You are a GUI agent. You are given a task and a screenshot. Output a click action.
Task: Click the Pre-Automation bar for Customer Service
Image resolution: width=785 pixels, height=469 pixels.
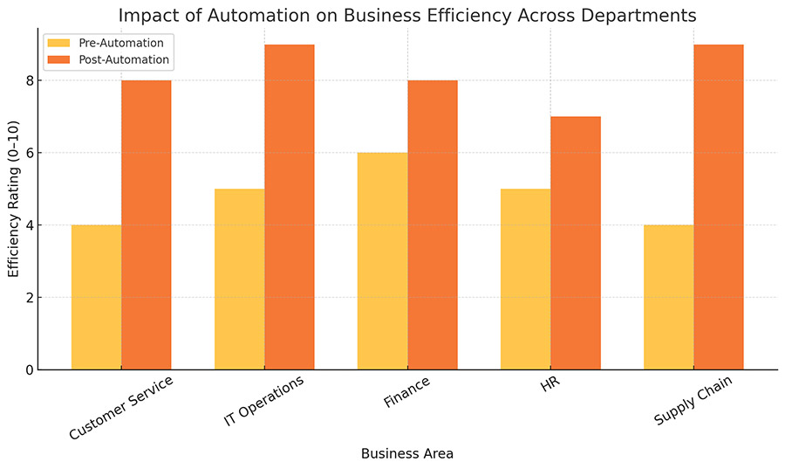pos(96,297)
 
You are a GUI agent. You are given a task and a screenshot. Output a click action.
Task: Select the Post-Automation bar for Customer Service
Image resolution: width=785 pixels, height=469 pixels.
pos(147,224)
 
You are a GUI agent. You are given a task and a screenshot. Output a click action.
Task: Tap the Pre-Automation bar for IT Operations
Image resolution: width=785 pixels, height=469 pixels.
pos(239,279)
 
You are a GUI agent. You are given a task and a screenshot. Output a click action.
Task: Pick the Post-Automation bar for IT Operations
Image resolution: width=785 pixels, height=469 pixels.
pos(290,207)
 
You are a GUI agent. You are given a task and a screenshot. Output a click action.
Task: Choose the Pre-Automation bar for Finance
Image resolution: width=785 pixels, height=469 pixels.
pos(382,261)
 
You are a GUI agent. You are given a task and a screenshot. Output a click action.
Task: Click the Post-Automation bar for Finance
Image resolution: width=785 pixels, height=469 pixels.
pos(433,224)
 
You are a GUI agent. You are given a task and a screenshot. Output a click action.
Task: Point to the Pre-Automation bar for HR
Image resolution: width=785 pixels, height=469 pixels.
pos(525,279)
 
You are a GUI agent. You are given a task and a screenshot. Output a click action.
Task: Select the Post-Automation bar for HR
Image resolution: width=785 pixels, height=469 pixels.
pos(576,243)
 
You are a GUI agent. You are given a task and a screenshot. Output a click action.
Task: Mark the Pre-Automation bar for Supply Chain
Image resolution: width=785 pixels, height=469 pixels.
pos(668,297)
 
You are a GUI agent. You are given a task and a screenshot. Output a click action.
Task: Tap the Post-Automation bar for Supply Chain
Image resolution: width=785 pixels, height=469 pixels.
pos(719,207)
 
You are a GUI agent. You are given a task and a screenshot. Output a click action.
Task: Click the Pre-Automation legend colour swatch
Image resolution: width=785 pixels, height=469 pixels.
pos(58,43)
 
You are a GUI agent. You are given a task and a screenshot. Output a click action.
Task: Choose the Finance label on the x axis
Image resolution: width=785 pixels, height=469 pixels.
pos(406,393)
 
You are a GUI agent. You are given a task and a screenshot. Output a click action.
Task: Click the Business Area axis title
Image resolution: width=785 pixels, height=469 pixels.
pos(407,453)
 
